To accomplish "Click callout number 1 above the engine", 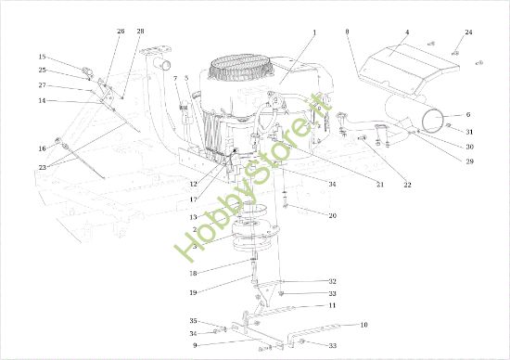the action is click(314, 32).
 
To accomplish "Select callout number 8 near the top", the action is click(347, 32).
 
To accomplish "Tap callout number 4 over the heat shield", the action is click(406, 32).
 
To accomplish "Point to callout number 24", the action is click(468, 32).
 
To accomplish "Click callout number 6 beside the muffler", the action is click(468, 115).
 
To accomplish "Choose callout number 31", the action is click(470, 131).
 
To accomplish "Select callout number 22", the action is click(407, 186).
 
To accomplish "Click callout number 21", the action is click(380, 186).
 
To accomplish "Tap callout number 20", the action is click(332, 215).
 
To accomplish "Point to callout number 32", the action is click(332, 281).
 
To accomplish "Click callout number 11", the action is click(332, 305).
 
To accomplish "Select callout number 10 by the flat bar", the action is click(363, 325).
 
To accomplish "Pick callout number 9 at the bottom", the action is click(195, 345).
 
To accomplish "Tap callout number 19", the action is click(193, 292).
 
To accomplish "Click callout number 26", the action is click(121, 32).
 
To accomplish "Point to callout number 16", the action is click(42, 148).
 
